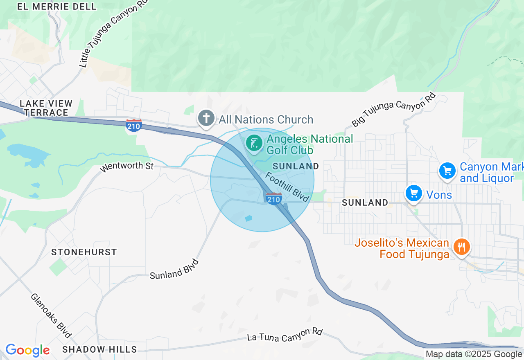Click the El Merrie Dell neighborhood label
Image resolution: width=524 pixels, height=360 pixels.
[x=57, y=7]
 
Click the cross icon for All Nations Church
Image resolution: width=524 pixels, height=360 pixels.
[x=206, y=119]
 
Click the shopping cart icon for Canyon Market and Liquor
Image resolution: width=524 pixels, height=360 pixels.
[x=447, y=171]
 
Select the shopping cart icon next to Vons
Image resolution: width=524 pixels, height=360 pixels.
[x=413, y=193]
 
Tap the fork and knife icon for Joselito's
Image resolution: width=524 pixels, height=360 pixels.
[x=461, y=247]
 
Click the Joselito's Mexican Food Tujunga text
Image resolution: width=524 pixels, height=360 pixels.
[x=402, y=248]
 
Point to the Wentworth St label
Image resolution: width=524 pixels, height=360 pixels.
[x=126, y=166]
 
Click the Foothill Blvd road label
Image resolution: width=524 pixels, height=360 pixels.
[x=287, y=187]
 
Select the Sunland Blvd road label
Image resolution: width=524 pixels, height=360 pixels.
[x=174, y=270]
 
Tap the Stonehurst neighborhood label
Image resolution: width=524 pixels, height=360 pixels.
[x=84, y=252]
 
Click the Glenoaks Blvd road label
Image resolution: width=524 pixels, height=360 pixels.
[x=51, y=315]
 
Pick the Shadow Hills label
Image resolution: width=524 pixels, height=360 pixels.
[x=99, y=349]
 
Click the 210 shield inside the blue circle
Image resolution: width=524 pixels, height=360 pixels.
[x=273, y=198]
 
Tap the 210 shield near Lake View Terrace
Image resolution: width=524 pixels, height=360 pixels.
[x=134, y=126]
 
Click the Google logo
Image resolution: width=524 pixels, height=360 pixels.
[x=27, y=350]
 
